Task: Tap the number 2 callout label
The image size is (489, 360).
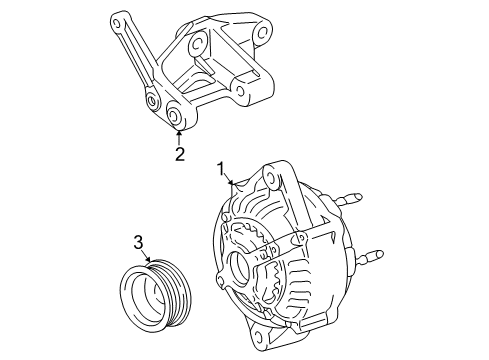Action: coord(179,154)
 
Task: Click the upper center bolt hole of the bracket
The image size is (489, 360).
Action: coord(196,42)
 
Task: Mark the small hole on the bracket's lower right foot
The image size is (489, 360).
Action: coord(242,96)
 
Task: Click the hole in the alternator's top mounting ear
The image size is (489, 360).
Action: coord(270,181)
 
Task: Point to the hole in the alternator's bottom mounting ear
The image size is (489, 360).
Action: coord(270,339)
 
